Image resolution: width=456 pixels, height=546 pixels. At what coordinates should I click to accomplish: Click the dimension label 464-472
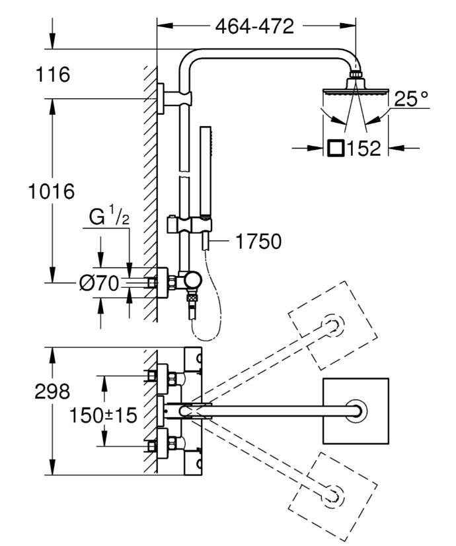pyautogui.click(x=254, y=27)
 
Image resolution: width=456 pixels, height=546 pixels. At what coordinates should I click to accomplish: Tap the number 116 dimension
pyautogui.click(x=54, y=75)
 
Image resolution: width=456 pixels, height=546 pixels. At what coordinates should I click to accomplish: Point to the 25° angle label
pyautogui.click(x=411, y=99)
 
